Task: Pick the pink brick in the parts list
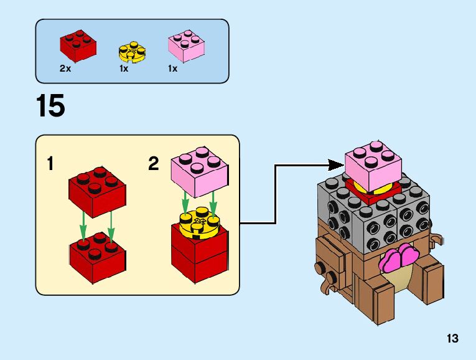tap(187, 45)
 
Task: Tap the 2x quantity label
tap(65, 69)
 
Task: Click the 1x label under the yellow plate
tap(124, 69)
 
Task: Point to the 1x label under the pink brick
tap(172, 69)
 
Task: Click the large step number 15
tap(50, 106)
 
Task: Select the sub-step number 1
tap(50, 164)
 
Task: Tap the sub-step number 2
tap(154, 164)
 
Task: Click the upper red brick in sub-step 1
tap(96, 189)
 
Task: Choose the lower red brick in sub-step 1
tap(96, 258)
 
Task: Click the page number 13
tap(452, 339)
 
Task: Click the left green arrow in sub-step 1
tap(84, 227)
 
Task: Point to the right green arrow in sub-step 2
tap(213, 203)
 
